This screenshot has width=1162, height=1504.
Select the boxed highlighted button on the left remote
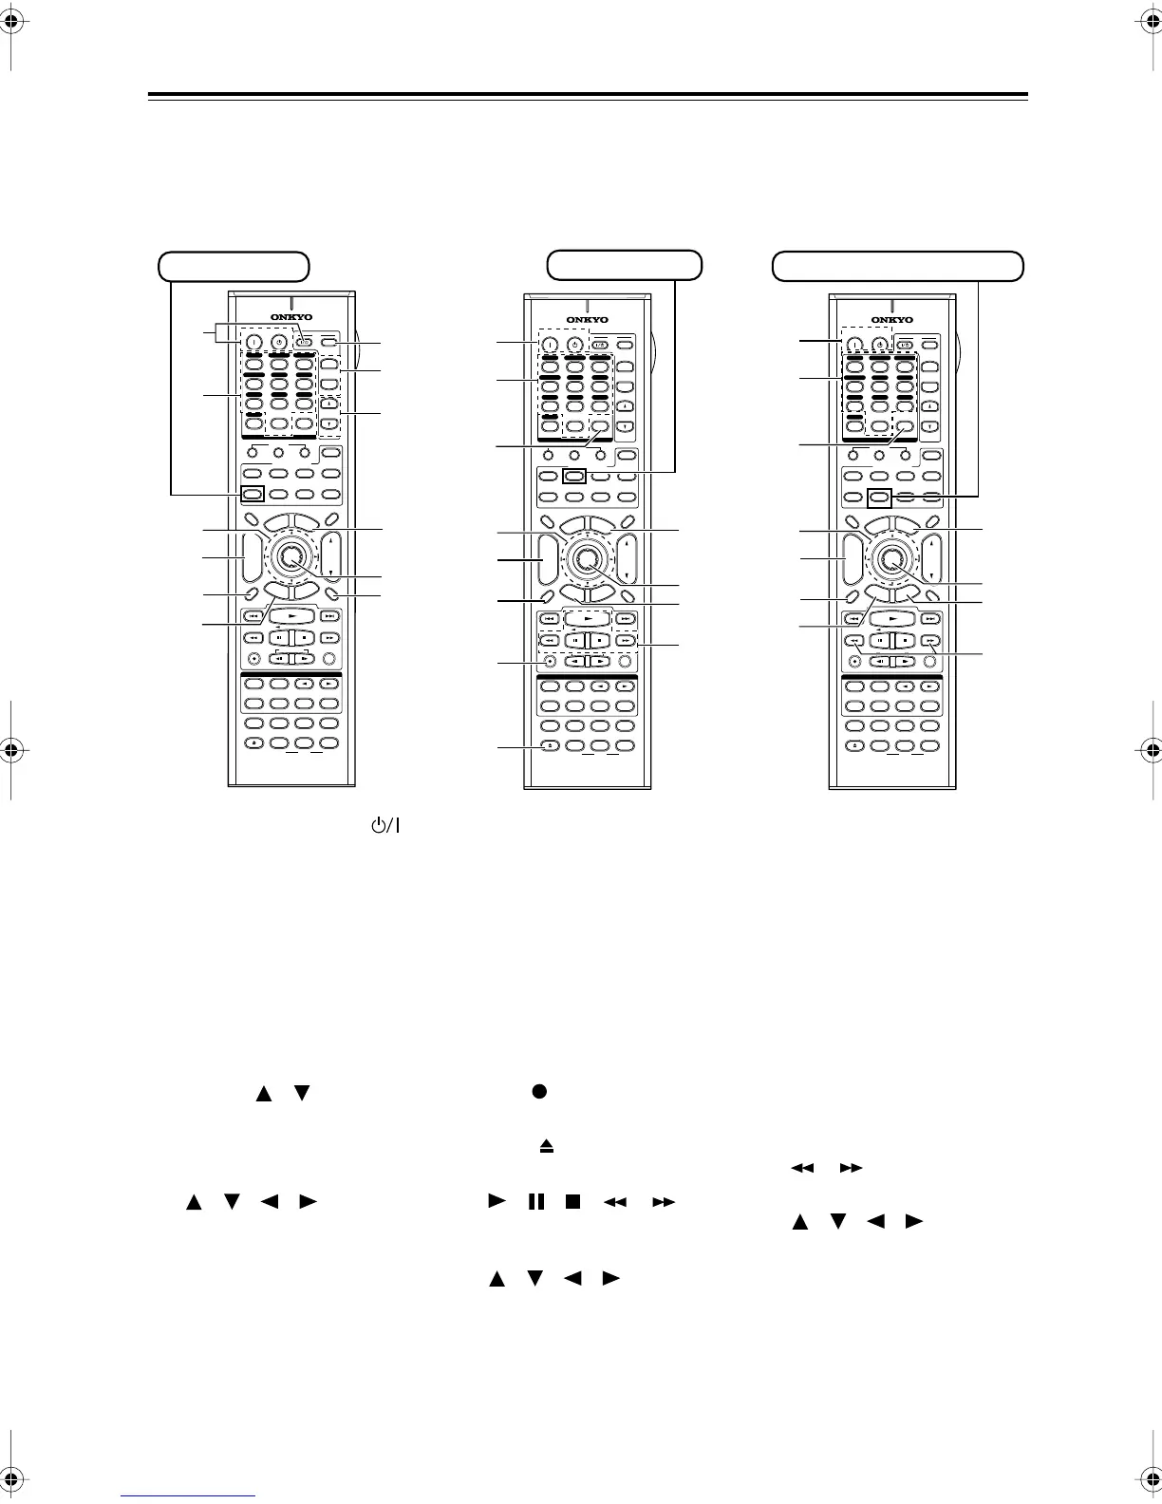point(252,494)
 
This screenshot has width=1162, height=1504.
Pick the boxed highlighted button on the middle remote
point(572,477)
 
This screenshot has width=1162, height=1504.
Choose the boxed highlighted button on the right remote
point(880,496)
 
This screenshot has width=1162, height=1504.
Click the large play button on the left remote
point(290,615)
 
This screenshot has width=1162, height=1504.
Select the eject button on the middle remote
point(549,746)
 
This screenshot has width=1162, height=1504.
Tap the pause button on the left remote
point(279,638)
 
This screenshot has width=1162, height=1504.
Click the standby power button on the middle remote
point(574,345)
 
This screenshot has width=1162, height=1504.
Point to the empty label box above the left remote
point(234,266)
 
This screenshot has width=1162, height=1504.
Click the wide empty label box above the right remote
point(897,266)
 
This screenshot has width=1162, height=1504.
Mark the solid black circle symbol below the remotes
point(537,1091)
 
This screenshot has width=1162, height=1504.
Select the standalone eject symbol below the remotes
point(547,1147)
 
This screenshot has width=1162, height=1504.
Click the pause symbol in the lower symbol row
point(536,1202)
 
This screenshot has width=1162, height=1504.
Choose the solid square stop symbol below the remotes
point(572,1202)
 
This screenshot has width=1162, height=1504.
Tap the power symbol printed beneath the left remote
point(384,825)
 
